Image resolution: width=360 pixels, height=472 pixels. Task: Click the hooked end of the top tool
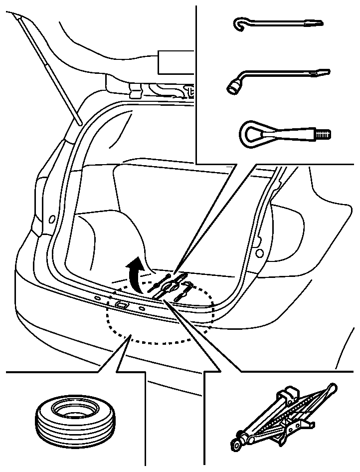(239, 24)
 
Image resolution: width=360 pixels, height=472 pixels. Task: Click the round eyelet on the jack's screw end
(234, 443)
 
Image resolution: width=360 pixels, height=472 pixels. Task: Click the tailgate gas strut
(50, 70)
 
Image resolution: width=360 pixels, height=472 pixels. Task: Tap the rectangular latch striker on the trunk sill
(121, 304)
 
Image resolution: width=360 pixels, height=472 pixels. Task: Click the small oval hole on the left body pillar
(51, 219)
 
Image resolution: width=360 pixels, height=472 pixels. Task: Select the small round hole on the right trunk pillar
(259, 253)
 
